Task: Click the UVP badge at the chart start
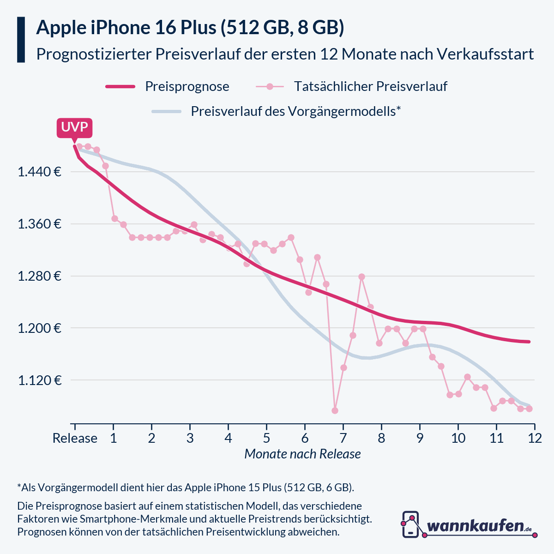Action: coord(74,127)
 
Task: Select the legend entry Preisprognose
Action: coord(187,86)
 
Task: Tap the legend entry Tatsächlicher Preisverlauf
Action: coord(370,86)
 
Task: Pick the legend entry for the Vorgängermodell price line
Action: coord(295,111)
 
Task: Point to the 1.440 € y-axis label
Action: coord(40,172)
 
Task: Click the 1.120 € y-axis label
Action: coord(40,380)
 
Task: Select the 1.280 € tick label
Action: coord(40,277)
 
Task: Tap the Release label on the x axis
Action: coord(75,438)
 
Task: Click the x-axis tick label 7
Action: coord(343,438)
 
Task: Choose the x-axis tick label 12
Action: coord(535,438)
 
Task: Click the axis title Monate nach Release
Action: coord(302,454)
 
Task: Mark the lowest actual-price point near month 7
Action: coord(335,410)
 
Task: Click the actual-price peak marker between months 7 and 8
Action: coord(361,277)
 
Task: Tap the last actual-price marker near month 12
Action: coord(530,409)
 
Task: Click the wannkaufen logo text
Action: coord(476,526)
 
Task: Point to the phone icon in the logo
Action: coord(410,524)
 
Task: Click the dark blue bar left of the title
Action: coord(21,40)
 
